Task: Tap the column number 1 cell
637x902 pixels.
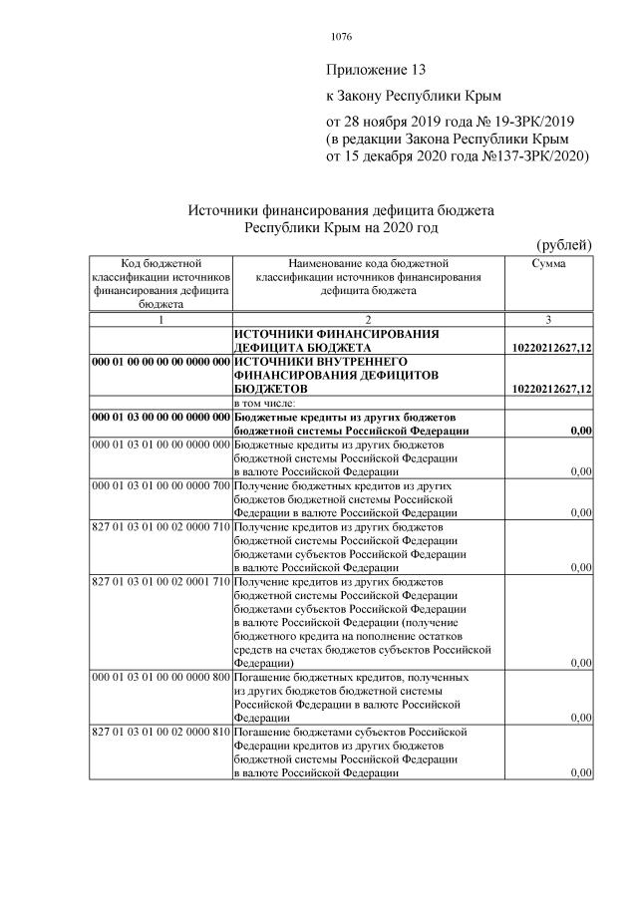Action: tap(159, 319)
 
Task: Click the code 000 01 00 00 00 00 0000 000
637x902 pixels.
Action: tap(159, 361)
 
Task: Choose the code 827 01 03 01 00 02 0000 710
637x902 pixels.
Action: tap(159, 525)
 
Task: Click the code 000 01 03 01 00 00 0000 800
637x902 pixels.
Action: tap(159, 677)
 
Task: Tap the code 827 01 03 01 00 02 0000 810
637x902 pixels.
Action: tap(159, 733)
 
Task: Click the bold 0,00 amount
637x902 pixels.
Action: tap(580, 430)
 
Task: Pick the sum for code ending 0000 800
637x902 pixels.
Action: tap(580, 718)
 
